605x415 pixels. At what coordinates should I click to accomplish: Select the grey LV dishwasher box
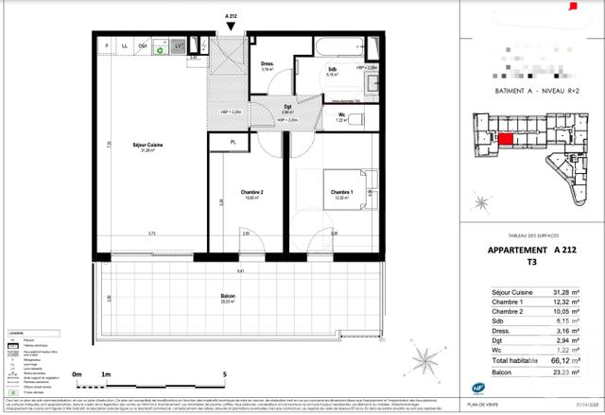point(178,44)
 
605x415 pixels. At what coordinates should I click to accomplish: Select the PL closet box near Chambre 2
point(233,142)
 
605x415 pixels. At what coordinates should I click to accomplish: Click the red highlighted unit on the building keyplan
point(507,139)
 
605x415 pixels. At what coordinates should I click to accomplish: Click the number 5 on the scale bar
point(225,375)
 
